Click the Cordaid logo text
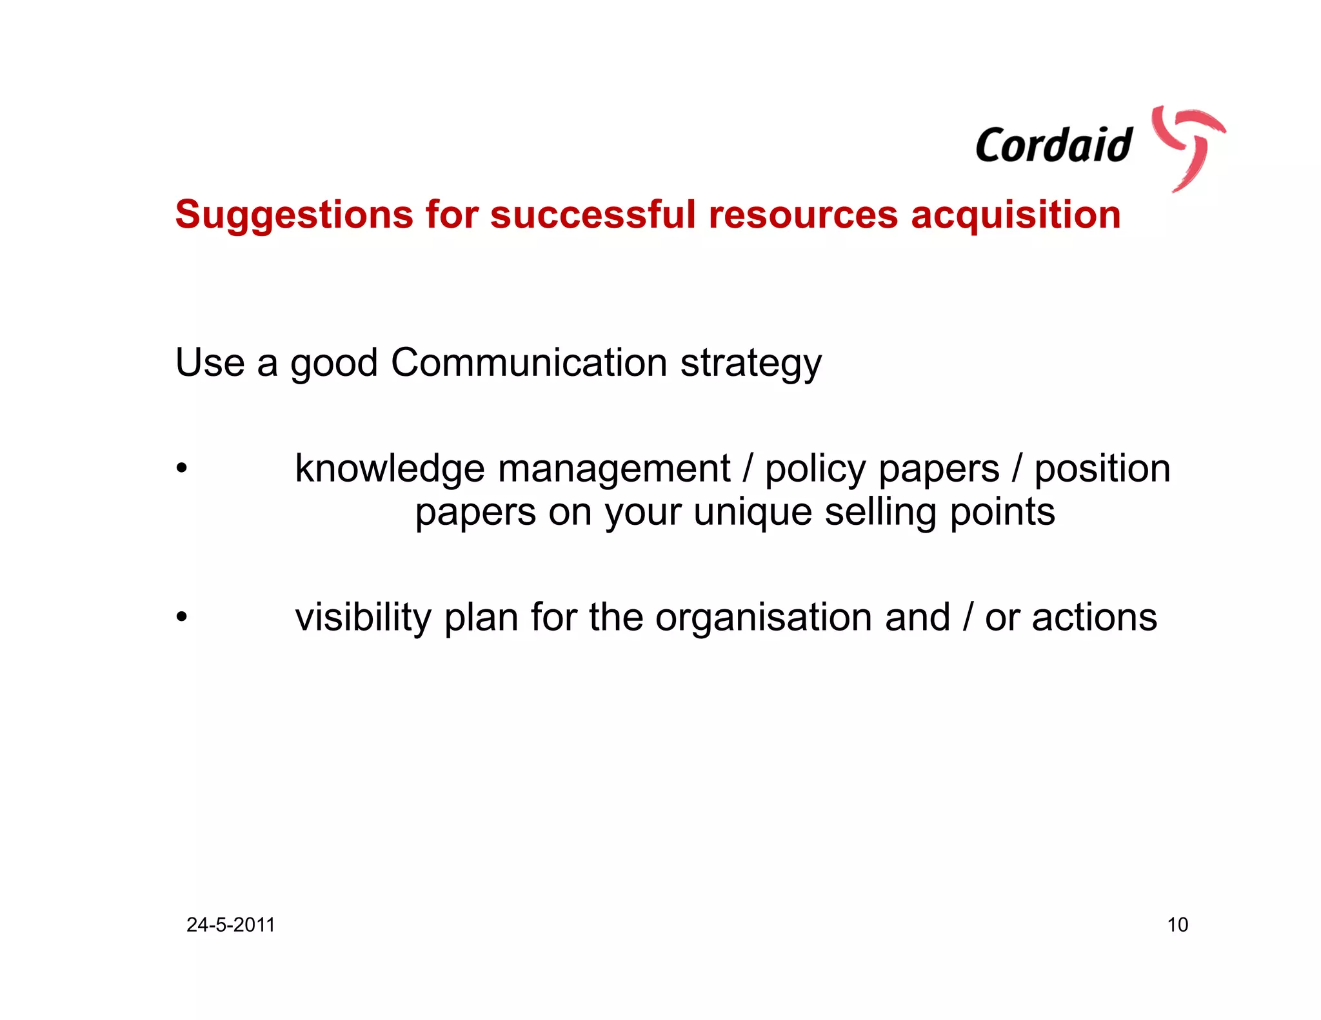pos(1053,145)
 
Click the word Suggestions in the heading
pos(293,215)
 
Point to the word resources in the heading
pos(803,215)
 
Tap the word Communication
pos(529,362)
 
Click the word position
pos(1102,469)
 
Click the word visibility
pos(363,618)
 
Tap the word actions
pos(1095,618)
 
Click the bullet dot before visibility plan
pos(182,617)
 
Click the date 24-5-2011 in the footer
pos(231,925)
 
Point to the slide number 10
pos(1177,925)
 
